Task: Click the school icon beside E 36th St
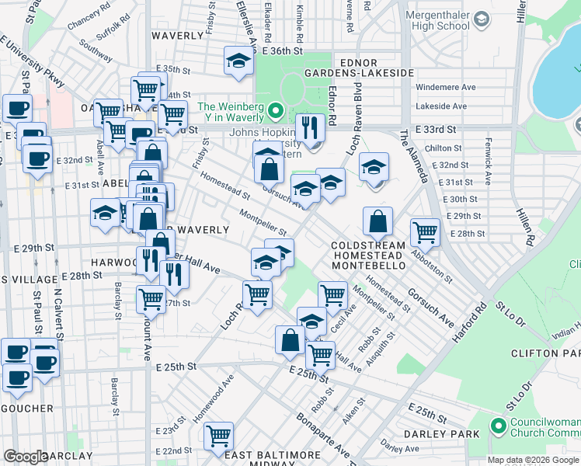pyautogui.click(x=239, y=61)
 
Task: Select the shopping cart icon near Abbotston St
pyautogui.click(x=425, y=232)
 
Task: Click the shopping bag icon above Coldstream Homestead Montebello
pyautogui.click(x=377, y=221)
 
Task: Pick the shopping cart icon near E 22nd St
pyautogui.click(x=219, y=436)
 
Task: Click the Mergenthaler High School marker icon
pyautogui.click(x=482, y=18)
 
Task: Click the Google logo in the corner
pyautogui.click(x=26, y=457)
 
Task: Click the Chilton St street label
pyautogui.click(x=444, y=148)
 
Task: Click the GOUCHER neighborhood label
pyautogui.click(x=26, y=408)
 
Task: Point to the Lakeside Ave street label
pyautogui.click(x=441, y=106)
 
